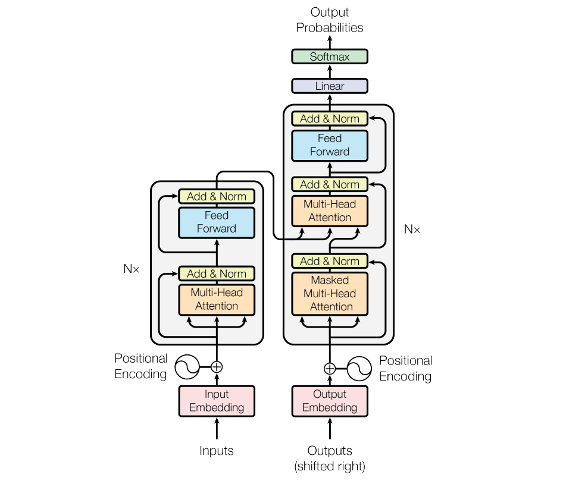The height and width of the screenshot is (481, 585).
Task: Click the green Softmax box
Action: coord(330,57)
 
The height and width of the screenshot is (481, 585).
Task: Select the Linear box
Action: coord(330,86)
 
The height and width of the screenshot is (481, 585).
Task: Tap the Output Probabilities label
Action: coord(330,20)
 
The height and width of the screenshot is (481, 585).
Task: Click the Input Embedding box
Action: coord(217,401)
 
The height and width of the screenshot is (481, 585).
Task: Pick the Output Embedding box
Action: coord(330,401)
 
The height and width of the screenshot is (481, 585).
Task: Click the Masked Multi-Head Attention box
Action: coord(330,293)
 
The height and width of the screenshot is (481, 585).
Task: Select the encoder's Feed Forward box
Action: coord(217,222)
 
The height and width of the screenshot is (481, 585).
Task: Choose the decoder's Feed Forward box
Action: coord(330,144)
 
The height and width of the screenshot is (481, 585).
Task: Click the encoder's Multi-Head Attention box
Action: coord(217,299)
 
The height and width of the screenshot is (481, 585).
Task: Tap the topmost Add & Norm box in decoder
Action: coord(330,118)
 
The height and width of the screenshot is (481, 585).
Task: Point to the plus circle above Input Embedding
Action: coord(217,367)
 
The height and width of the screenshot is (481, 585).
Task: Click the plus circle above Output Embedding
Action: coord(330,369)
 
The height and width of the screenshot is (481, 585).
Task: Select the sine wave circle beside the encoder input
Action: coord(186,367)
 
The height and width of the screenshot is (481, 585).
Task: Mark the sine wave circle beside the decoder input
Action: coord(359,369)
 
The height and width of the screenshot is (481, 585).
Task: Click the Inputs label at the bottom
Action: coord(217,451)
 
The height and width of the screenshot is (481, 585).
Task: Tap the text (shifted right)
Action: coord(330,466)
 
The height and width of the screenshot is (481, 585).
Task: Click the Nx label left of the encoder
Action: coord(131,269)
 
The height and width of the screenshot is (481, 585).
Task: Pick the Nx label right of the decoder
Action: coord(412,229)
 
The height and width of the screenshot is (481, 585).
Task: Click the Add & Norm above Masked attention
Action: coord(330,261)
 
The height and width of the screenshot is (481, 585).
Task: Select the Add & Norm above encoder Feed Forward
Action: coord(217,196)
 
